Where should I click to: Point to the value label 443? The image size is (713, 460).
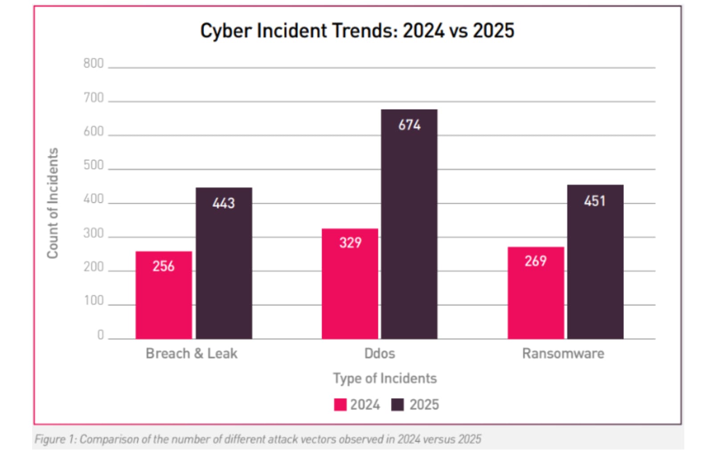[223, 203]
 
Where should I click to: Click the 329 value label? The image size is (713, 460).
[350, 242]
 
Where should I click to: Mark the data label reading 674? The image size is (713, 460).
[409, 125]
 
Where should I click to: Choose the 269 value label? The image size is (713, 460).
[535, 261]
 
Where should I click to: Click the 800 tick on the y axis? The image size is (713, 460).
[93, 63]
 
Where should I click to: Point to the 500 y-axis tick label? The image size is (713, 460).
[93, 165]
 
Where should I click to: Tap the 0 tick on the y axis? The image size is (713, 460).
[100, 335]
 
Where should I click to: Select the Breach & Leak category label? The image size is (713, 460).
[191, 353]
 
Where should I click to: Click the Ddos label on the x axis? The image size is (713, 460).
[379, 353]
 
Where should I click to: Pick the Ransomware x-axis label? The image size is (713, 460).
[563, 353]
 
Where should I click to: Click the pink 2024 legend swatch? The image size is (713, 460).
[340, 405]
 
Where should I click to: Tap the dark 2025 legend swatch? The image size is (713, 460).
[397, 405]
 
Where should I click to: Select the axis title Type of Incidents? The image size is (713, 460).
[385, 378]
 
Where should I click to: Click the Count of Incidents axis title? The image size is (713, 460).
[53, 203]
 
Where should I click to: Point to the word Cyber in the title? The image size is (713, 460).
[226, 31]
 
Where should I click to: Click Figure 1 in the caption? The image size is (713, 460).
[55, 439]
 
